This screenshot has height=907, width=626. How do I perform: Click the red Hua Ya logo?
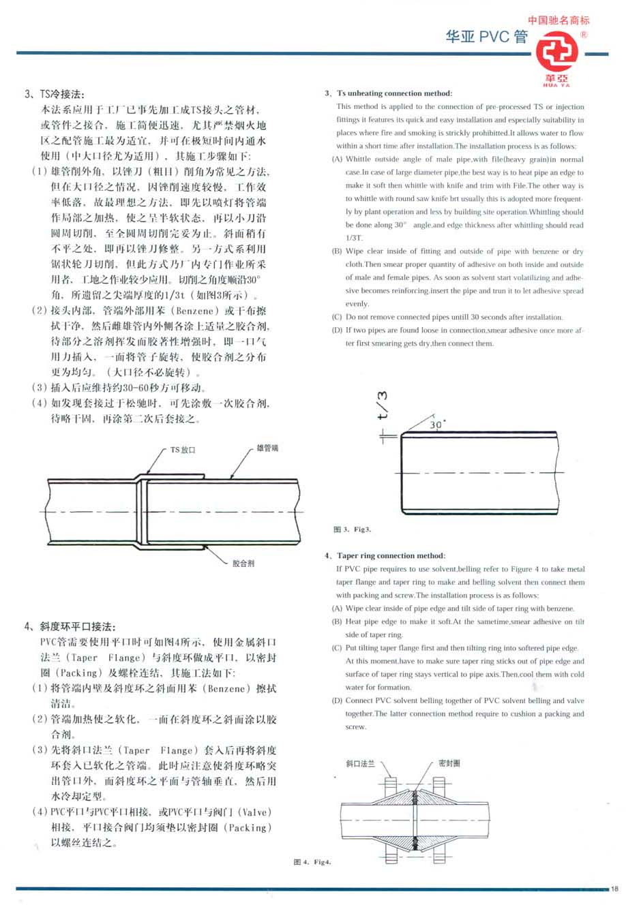(558, 55)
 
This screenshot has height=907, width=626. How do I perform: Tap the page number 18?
(614, 888)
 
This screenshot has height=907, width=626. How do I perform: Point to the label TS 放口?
(183, 450)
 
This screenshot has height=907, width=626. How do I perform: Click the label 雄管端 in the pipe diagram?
(267, 448)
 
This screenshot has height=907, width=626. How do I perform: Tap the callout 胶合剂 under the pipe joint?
(243, 564)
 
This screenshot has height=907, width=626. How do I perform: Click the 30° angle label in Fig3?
(437, 424)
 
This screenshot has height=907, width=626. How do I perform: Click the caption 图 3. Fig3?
(352, 529)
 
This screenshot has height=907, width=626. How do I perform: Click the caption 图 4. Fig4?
(312, 862)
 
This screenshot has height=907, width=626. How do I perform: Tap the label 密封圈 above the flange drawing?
(449, 763)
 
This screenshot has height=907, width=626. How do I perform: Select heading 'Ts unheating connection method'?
(388, 93)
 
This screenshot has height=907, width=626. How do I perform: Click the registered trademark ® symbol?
(584, 35)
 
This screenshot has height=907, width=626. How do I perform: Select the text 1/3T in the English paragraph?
(353, 239)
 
